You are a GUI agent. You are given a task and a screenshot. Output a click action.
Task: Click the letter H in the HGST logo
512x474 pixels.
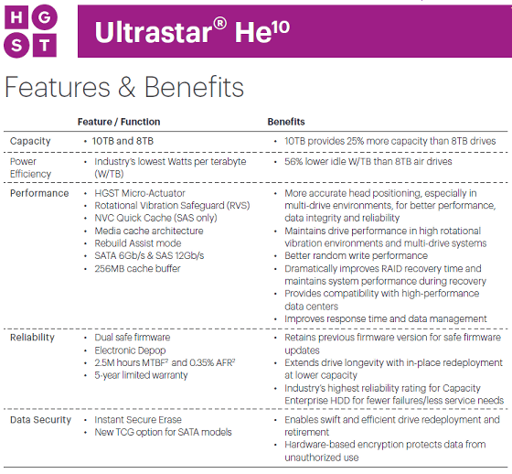coord(16,16)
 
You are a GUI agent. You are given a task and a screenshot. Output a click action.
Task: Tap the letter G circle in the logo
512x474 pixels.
coord(44,17)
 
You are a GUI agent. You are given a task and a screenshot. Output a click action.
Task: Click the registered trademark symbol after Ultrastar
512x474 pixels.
coord(219,24)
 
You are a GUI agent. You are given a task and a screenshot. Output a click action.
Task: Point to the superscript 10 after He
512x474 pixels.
coord(280,27)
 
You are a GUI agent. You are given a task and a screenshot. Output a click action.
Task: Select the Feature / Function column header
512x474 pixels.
coord(119,122)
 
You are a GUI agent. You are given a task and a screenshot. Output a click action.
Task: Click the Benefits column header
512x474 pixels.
coord(286,122)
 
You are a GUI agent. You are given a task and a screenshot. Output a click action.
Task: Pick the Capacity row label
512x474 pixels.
coord(30,141)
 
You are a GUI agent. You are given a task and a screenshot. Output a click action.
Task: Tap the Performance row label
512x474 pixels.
coord(39,193)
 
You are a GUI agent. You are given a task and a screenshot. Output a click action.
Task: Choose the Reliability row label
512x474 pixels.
coord(32,338)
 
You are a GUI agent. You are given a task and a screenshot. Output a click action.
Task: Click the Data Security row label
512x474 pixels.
coord(40,420)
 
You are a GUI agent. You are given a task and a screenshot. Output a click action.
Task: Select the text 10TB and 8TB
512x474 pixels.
coord(123,141)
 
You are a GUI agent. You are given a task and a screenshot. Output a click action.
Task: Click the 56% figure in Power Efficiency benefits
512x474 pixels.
coord(293,161)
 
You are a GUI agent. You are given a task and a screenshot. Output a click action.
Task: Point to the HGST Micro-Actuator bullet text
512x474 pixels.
coord(140,193)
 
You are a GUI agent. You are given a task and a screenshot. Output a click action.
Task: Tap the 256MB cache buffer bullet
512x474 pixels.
coord(137,269)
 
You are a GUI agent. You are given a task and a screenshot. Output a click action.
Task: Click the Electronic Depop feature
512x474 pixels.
coord(130,350)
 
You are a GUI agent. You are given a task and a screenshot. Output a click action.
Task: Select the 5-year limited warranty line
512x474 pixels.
coord(141,375)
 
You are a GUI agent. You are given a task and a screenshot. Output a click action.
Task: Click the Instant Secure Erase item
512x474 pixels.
coord(138,420)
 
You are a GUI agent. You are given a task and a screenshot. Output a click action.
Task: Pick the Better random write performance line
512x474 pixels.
coord(356,255)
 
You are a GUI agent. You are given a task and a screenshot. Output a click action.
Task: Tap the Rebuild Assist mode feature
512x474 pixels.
coord(138,243)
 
